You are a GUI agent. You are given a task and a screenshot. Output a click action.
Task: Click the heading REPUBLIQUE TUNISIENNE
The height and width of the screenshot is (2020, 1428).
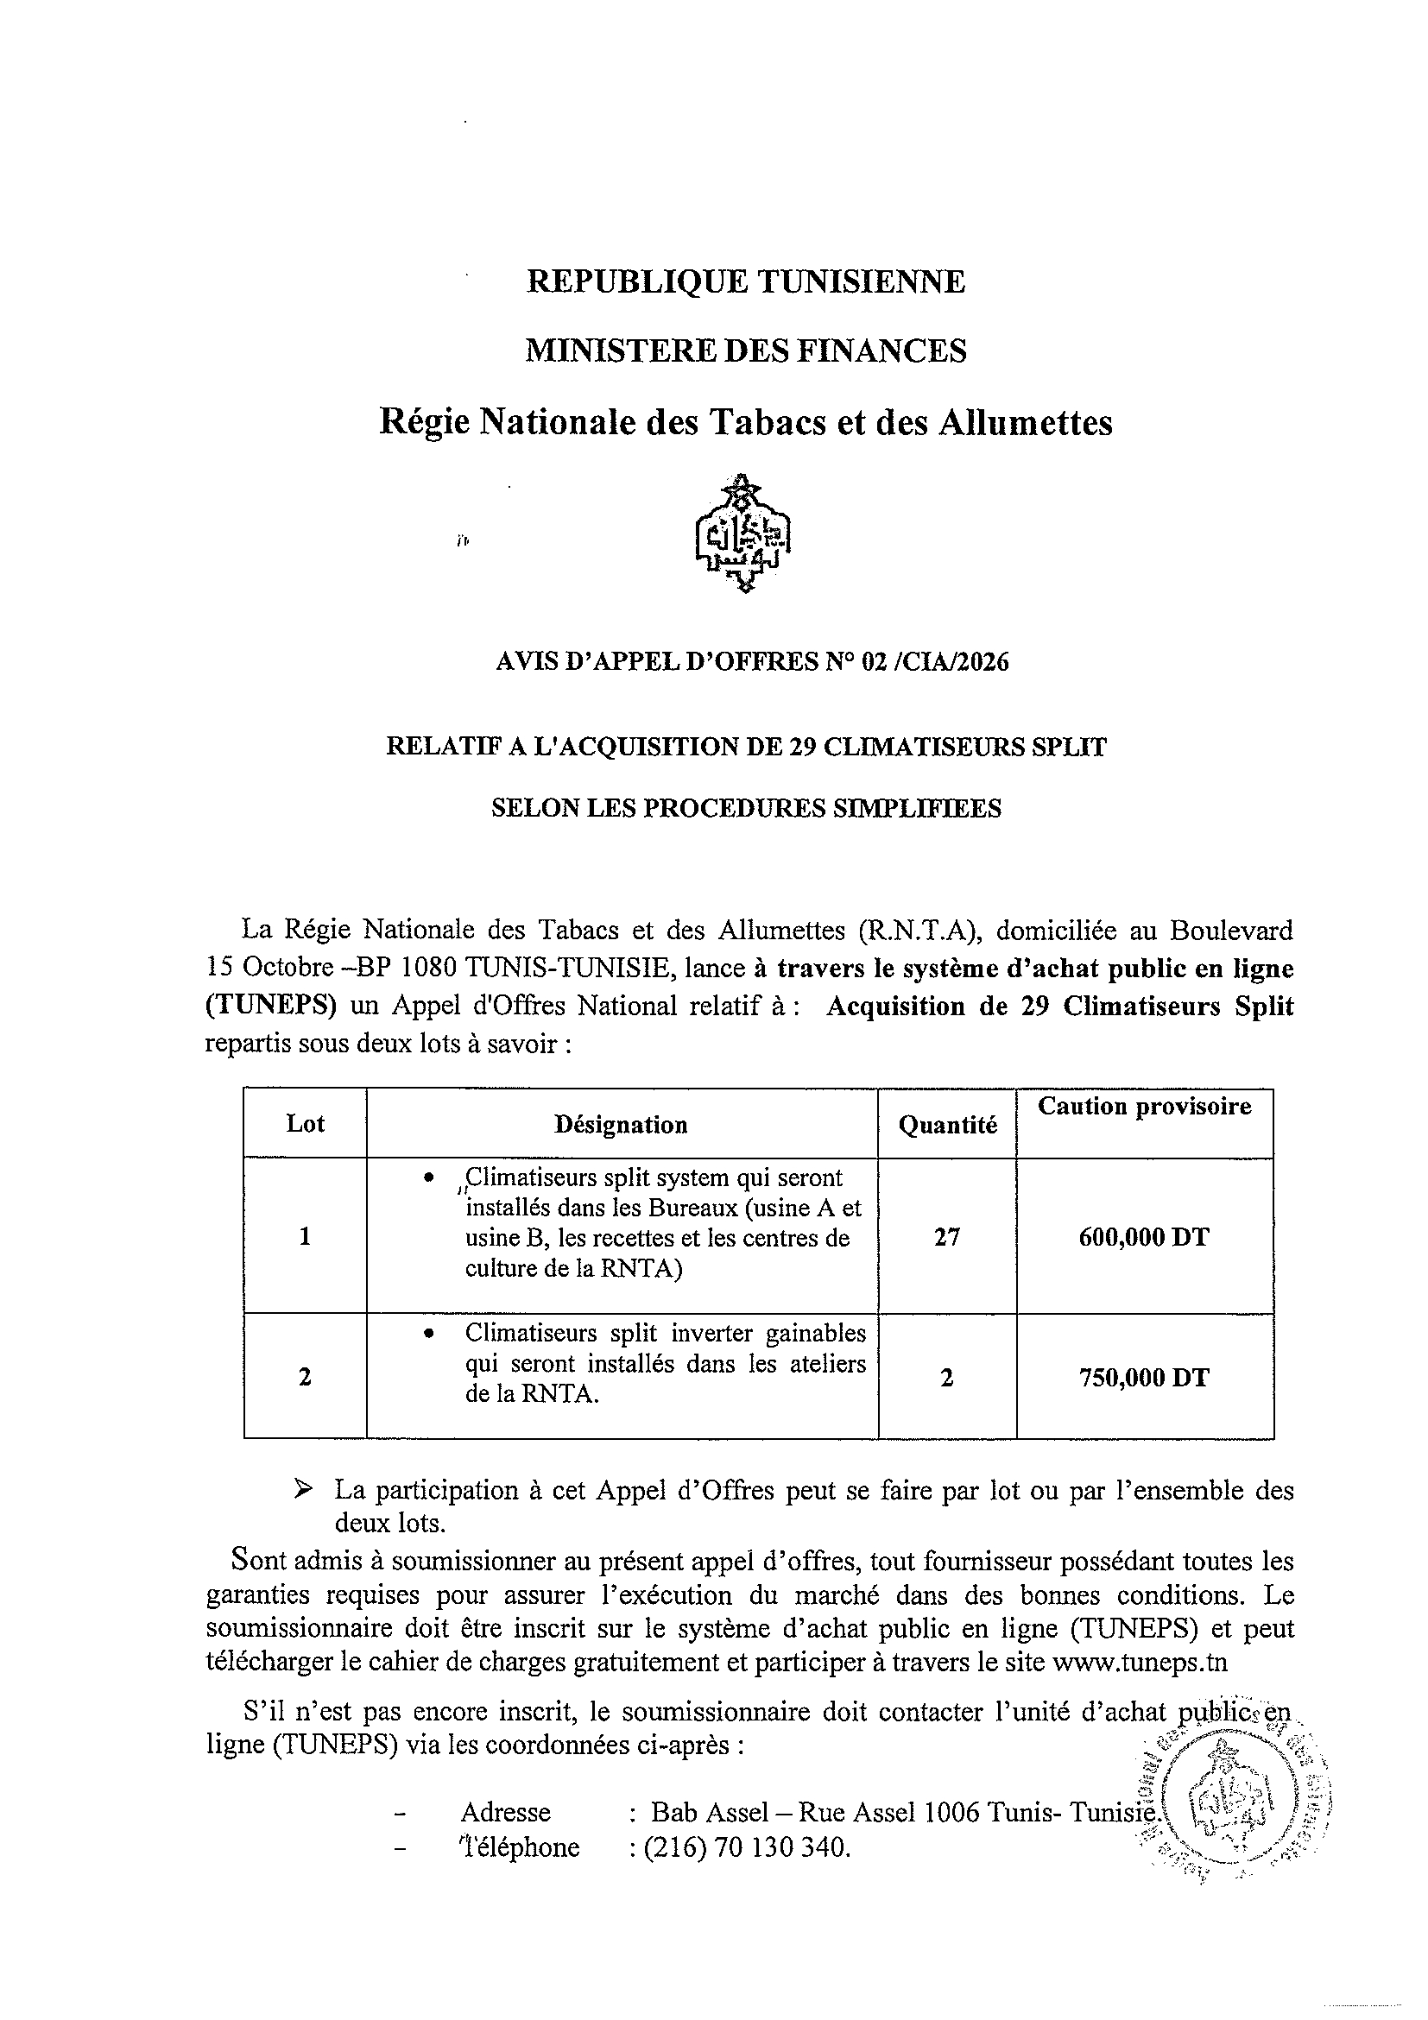pos(745,281)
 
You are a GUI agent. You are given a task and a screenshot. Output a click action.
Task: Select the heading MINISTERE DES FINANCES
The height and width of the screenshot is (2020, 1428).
pos(745,351)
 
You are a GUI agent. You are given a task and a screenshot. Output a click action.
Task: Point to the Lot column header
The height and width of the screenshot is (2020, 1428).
pos(306,1123)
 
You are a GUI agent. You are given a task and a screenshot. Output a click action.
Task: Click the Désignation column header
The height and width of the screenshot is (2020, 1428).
pos(620,1124)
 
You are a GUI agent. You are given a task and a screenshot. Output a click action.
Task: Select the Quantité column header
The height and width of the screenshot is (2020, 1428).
pos(947,1124)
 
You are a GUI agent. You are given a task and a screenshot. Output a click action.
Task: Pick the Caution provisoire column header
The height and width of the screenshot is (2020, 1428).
pos(1144,1106)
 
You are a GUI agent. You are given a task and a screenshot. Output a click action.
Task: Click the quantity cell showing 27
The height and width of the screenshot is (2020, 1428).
pos(947,1237)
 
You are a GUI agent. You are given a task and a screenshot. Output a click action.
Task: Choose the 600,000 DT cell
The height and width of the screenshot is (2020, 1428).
pos(1144,1237)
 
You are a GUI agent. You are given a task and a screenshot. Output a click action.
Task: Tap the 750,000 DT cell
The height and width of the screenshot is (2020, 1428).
pos(1144,1377)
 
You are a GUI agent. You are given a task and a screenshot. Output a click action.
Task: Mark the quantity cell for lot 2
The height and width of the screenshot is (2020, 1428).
pos(947,1377)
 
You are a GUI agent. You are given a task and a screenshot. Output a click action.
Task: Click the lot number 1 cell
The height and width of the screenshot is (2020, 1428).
pos(306,1237)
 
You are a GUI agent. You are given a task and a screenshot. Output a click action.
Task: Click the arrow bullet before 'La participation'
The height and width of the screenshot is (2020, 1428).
pos(303,1489)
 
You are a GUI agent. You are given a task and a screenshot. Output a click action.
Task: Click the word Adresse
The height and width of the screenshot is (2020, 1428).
pos(505,1811)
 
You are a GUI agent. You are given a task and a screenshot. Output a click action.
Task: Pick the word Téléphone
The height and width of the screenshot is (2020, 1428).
pos(519,1846)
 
